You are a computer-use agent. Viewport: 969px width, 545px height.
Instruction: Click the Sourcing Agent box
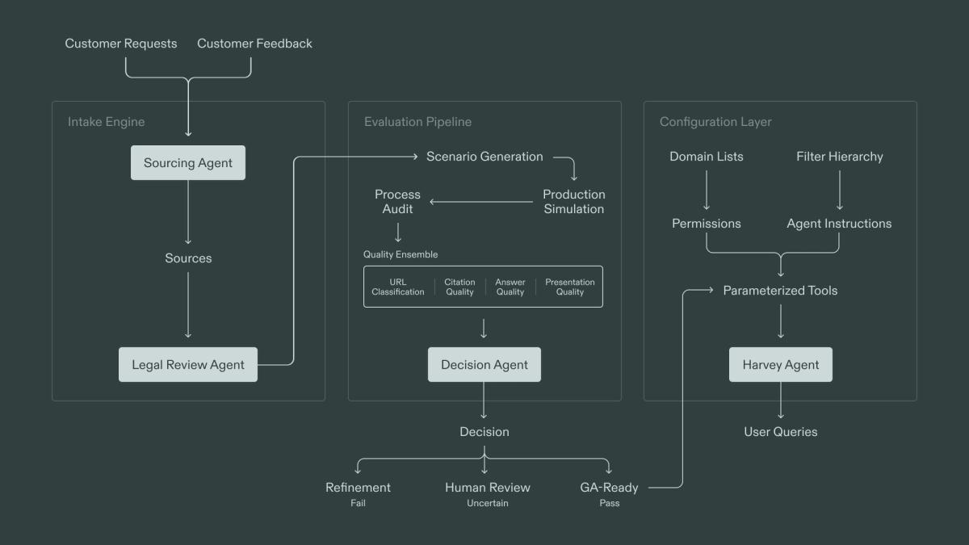click(x=187, y=163)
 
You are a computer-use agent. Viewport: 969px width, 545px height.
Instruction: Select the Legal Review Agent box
click(x=187, y=365)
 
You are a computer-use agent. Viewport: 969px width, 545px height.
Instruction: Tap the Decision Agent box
click(x=484, y=365)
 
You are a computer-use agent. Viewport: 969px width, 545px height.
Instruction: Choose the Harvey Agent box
click(x=780, y=365)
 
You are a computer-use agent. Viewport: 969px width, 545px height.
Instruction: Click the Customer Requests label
click(x=121, y=44)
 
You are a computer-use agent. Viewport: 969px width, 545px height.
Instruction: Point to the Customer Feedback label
click(x=254, y=44)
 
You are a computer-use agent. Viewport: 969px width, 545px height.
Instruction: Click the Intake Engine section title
click(x=106, y=122)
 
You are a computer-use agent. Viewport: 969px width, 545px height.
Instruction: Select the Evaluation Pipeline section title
click(x=417, y=122)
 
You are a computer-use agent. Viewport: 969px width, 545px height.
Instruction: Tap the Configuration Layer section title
click(x=715, y=122)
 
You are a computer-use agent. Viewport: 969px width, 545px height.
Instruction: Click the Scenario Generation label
click(x=484, y=157)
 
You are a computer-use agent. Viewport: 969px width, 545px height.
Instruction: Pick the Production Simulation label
click(x=573, y=202)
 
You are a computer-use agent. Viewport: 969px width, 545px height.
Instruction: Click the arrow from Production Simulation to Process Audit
click(x=481, y=202)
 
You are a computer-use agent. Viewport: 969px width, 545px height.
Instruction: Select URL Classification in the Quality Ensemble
click(x=397, y=287)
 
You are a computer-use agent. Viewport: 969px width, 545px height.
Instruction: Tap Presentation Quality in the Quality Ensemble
click(x=569, y=287)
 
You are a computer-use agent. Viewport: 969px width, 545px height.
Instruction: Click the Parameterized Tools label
click(x=780, y=291)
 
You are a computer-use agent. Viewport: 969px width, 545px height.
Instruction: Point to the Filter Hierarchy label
click(x=839, y=157)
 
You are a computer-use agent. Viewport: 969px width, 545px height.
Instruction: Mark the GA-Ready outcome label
click(x=609, y=488)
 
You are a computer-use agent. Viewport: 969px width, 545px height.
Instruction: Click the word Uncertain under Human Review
click(x=487, y=504)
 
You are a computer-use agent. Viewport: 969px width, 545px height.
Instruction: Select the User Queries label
click(x=780, y=432)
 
